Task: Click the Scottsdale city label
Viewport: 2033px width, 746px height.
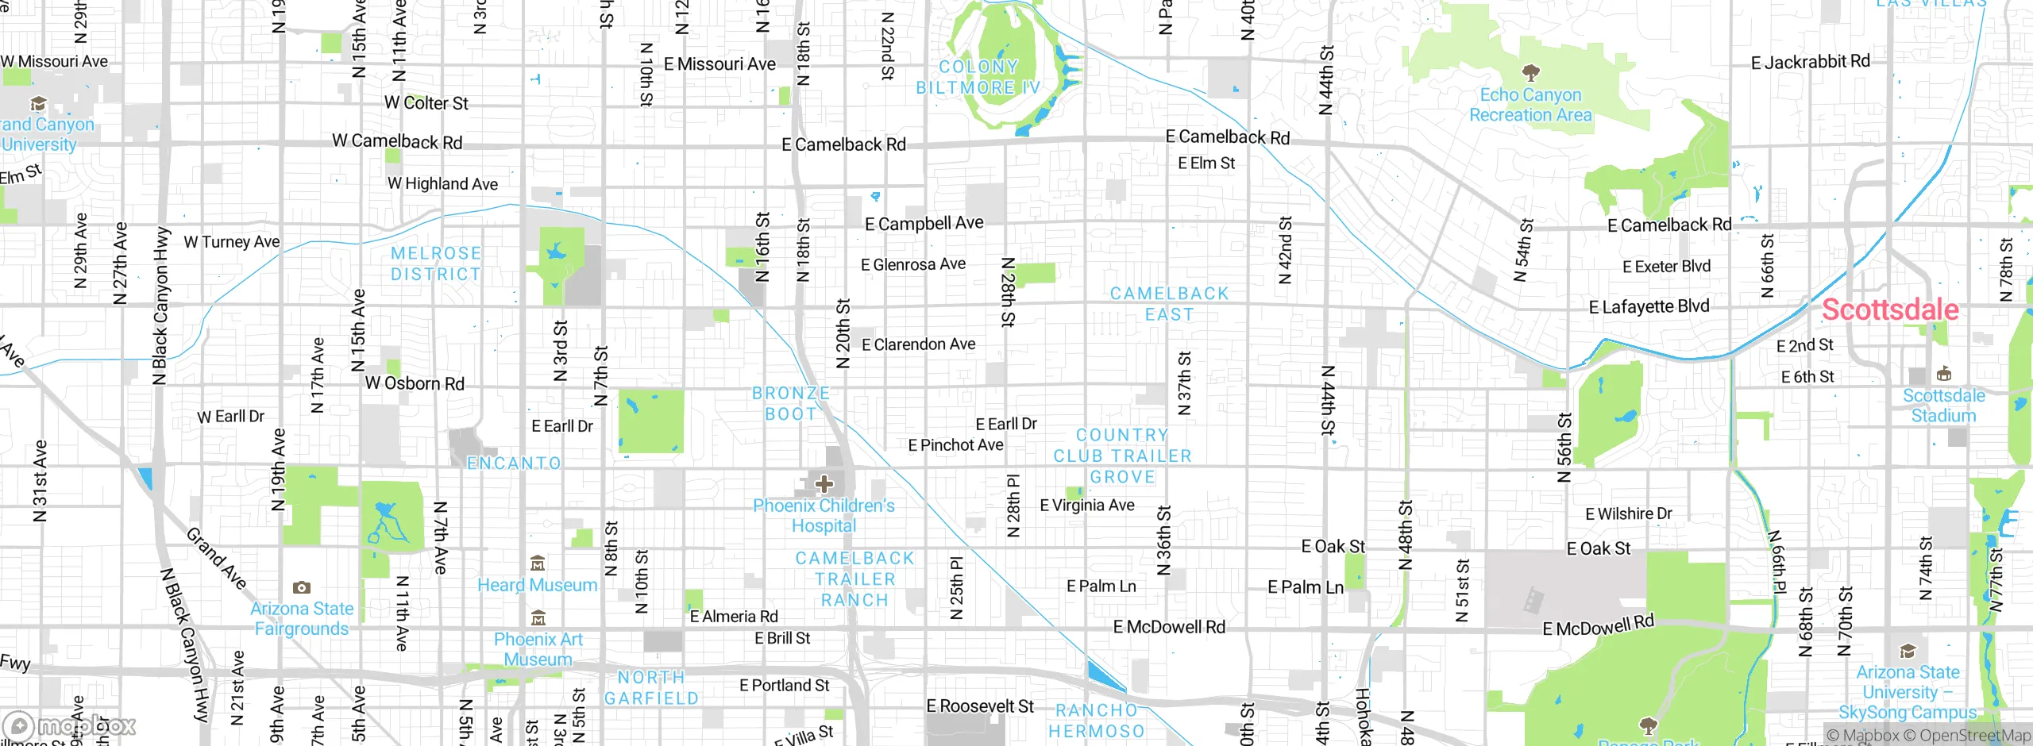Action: tap(1889, 310)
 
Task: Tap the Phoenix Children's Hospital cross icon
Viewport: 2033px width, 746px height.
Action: tap(824, 483)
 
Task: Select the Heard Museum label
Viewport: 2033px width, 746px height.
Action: tap(537, 585)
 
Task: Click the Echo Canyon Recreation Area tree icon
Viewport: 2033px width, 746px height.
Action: tap(1530, 74)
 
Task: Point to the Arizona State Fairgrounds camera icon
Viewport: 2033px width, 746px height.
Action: tap(301, 587)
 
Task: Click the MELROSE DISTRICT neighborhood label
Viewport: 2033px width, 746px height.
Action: tap(436, 263)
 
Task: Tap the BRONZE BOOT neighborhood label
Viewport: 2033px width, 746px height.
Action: tap(790, 403)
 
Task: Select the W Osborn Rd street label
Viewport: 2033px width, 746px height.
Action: tap(415, 383)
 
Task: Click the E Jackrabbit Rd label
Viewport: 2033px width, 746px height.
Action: tap(1810, 62)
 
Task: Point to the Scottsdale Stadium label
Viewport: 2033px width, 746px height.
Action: tap(1943, 406)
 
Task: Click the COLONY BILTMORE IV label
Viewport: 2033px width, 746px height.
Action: tap(978, 77)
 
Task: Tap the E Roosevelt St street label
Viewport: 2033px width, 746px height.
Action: tap(980, 706)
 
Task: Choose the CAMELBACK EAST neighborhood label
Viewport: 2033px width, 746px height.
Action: tap(1169, 304)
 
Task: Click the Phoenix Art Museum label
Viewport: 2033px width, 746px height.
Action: tap(538, 649)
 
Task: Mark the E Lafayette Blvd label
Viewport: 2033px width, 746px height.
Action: tap(1649, 306)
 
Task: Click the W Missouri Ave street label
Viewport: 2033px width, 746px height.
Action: tap(54, 62)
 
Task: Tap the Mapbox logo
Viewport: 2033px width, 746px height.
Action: tap(70, 726)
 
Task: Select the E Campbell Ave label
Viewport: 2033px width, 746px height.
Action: tap(924, 224)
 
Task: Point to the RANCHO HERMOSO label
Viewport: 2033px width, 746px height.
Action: tap(1097, 721)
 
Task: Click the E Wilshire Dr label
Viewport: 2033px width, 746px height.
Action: tap(1628, 514)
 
